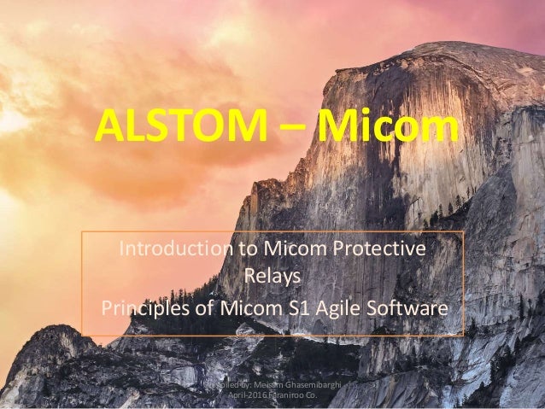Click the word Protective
382,249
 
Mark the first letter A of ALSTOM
108,128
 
